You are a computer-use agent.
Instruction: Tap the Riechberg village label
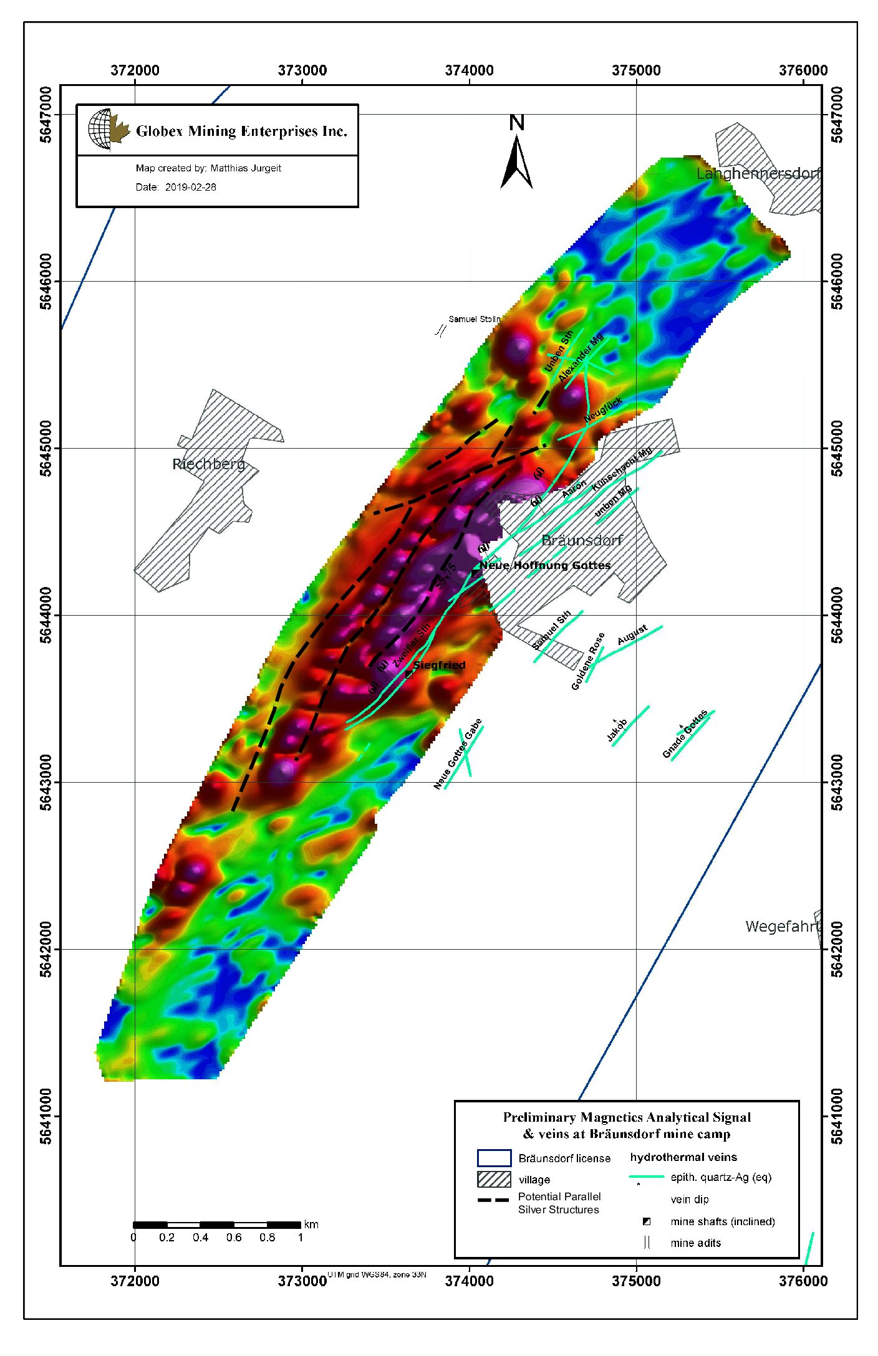[208, 464]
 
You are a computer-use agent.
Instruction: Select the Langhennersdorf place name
[757, 173]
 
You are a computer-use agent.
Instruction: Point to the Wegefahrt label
[782, 926]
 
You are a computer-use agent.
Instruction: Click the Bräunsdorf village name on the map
[582, 540]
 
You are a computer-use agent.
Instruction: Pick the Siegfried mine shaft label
[439, 665]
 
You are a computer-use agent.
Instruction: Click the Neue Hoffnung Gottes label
[545, 565]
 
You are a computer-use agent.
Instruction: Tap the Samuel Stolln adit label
[474, 319]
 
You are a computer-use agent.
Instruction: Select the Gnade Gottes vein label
[685, 734]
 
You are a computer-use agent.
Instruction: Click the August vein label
[632, 635]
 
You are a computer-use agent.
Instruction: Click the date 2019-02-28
[190, 187]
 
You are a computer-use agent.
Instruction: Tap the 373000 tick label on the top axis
[302, 70]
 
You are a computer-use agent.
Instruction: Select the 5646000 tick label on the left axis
[46, 281]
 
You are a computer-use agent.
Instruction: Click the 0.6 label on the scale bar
[234, 1237]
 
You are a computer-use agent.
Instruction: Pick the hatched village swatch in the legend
[494, 1179]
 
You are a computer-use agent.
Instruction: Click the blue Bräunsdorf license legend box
[494, 1158]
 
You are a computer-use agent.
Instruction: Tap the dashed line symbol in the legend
[493, 1200]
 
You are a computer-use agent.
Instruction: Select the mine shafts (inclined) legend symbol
[647, 1221]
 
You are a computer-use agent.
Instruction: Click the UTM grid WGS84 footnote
[377, 1274]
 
